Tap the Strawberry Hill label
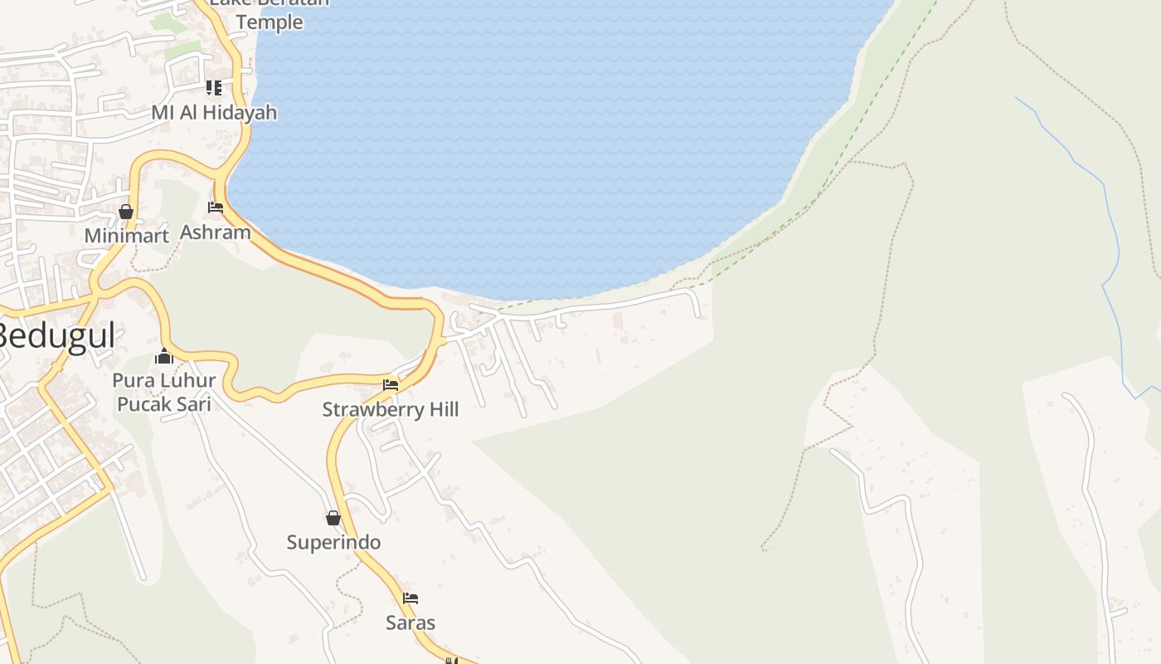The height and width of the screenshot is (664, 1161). (x=390, y=409)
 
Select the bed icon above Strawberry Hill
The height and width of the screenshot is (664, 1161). (x=391, y=385)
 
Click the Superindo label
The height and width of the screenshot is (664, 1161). (x=333, y=542)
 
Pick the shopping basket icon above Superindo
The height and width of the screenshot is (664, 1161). (x=333, y=518)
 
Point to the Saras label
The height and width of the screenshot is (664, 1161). (x=410, y=622)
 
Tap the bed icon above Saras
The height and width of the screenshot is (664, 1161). (x=410, y=598)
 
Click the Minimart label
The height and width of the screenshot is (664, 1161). (x=126, y=236)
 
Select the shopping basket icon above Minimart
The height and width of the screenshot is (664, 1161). (x=126, y=212)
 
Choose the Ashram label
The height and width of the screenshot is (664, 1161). (x=215, y=232)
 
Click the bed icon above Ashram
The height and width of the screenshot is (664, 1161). (x=216, y=207)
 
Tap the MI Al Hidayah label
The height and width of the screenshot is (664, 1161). (x=214, y=112)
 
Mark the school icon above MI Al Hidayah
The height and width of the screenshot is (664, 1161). (x=214, y=87)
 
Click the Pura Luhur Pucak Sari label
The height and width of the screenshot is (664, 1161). (x=164, y=392)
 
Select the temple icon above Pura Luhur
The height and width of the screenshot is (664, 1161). (x=164, y=356)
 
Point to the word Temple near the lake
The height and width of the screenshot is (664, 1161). (x=270, y=22)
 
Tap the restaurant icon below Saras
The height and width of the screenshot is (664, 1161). (x=452, y=661)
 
